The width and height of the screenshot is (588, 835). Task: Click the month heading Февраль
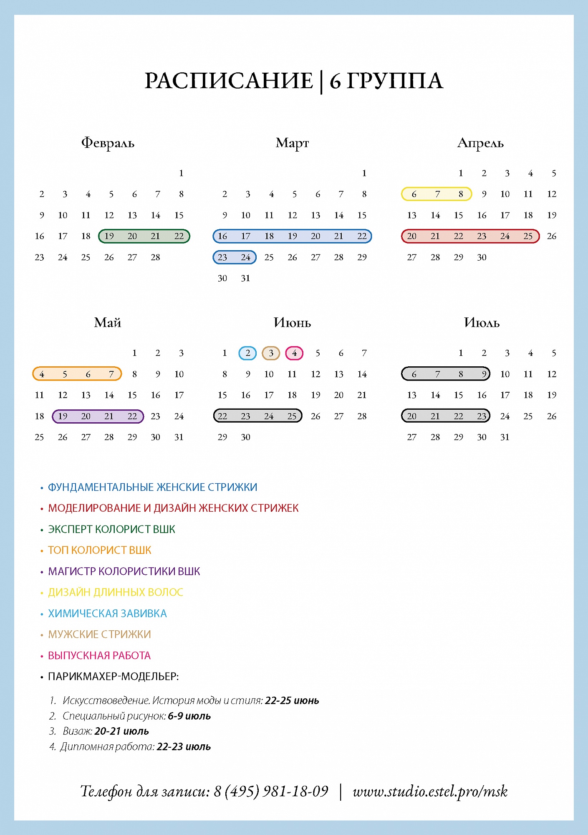(x=108, y=143)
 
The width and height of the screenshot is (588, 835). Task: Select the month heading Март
(x=292, y=143)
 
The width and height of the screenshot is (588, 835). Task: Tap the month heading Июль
(x=482, y=322)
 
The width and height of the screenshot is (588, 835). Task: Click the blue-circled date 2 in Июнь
(x=247, y=353)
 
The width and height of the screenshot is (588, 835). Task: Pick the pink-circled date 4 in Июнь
(x=294, y=353)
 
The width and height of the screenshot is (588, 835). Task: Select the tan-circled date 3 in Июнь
(x=271, y=353)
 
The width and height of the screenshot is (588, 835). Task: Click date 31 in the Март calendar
(x=245, y=278)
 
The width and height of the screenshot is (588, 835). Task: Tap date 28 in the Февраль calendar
(x=155, y=257)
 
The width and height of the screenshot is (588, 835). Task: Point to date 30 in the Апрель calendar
(x=482, y=257)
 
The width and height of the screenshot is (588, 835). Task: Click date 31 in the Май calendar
(x=179, y=437)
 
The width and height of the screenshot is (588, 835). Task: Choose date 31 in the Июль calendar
(x=505, y=437)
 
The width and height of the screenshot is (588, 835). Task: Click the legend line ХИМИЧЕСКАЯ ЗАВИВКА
(x=107, y=613)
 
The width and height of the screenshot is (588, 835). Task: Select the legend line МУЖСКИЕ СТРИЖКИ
(x=99, y=634)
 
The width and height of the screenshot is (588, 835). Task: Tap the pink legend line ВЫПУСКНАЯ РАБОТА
(x=99, y=655)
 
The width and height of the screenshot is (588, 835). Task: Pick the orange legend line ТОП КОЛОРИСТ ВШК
(x=99, y=550)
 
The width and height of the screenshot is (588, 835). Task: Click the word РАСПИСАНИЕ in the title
(x=229, y=81)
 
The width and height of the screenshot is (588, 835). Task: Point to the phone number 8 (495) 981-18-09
(x=271, y=791)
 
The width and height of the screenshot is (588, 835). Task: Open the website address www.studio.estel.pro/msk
(x=430, y=791)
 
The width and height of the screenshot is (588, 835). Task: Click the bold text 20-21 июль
(x=121, y=731)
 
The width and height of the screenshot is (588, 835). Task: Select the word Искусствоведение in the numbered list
(x=106, y=700)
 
